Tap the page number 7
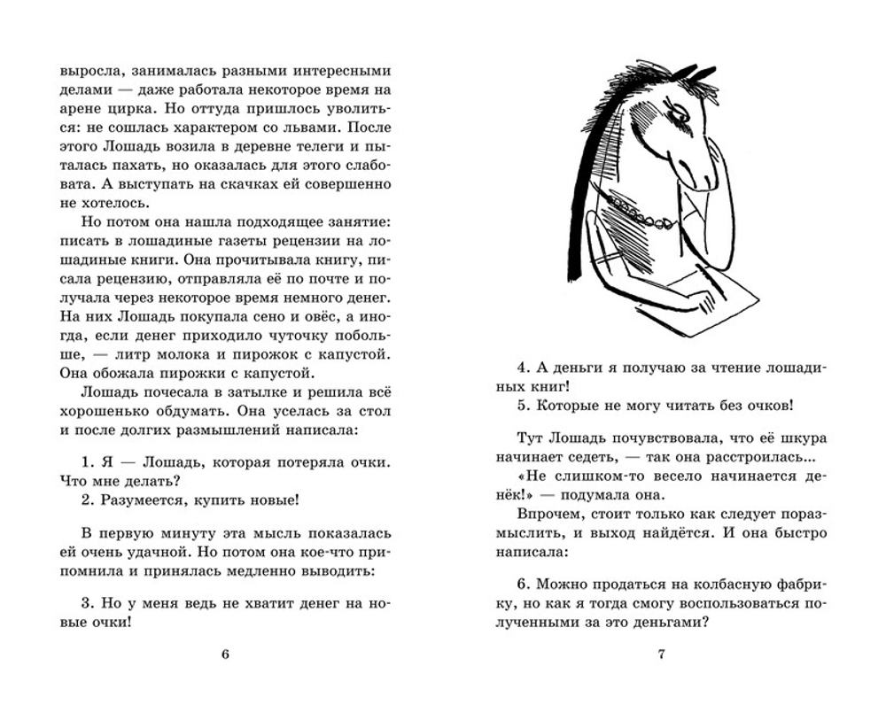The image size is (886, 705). (661, 655)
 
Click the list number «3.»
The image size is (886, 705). (87, 602)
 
